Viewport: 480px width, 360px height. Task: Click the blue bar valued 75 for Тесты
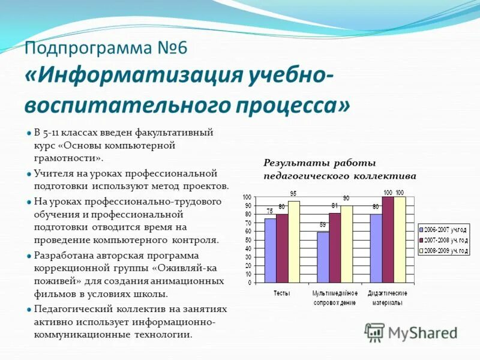click(x=270, y=251)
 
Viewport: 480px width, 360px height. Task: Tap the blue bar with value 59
click(x=323, y=257)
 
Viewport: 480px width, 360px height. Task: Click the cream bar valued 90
click(x=346, y=244)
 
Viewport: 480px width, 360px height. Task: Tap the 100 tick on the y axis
click(x=247, y=197)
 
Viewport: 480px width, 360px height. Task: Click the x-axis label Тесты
click(x=282, y=293)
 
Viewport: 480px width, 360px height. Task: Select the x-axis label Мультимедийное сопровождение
click(x=334, y=298)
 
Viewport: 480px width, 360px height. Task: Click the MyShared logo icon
click(x=374, y=332)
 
